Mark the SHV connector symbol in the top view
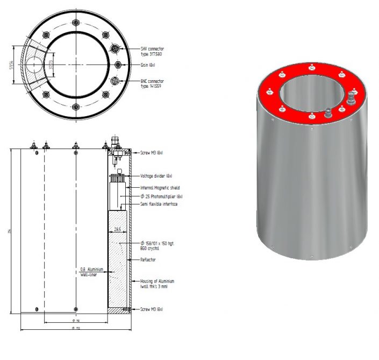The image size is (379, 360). [x=116, y=48]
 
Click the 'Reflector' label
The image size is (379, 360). [x=149, y=260]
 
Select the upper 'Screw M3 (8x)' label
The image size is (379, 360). [x=152, y=153]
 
